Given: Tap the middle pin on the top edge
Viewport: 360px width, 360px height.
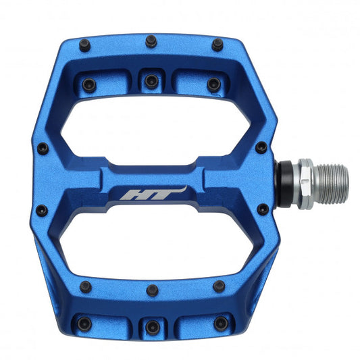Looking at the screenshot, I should pos(151,41).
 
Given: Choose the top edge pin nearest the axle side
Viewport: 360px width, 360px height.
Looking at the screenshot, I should pos(217,46).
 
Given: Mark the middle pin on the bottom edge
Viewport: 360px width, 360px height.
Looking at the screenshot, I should pos(153,291).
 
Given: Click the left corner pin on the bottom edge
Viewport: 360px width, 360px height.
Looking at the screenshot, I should pos(85,286).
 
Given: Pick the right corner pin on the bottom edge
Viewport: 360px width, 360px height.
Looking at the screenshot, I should pos(218,286).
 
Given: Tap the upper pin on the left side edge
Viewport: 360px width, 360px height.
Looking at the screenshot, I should pos(43,147).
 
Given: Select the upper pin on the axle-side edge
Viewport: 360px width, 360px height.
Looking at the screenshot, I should pos(261,147).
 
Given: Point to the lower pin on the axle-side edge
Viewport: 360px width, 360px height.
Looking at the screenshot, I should pos(261,210).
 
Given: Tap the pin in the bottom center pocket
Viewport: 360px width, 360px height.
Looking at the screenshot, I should pos(152,326).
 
